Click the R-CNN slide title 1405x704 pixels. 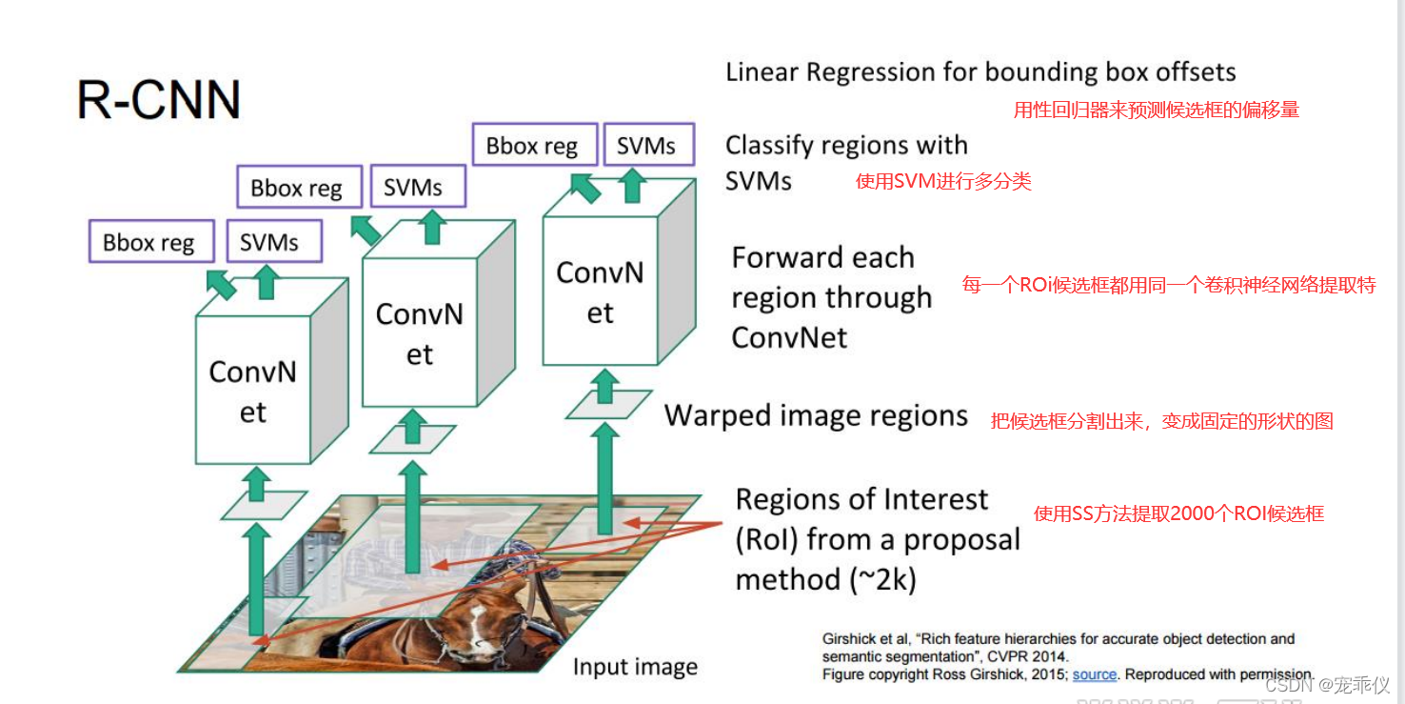(158, 99)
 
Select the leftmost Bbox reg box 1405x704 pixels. (148, 243)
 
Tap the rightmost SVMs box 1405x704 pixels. (646, 146)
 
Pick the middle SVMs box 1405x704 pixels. (413, 188)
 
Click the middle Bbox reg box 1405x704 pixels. (296, 188)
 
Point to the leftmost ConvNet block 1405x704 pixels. (253, 391)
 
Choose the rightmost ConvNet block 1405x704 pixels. (600, 292)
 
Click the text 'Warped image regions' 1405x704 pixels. (816, 416)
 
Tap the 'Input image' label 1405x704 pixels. (635, 667)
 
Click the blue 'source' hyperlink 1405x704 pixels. (1094, 674)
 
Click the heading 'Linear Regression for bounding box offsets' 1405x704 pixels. (980, 72)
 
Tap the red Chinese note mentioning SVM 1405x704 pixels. (943, 181)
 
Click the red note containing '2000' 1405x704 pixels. (1178, 514)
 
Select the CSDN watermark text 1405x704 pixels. (1327, 685)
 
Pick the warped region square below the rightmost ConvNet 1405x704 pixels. (608, 405)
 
